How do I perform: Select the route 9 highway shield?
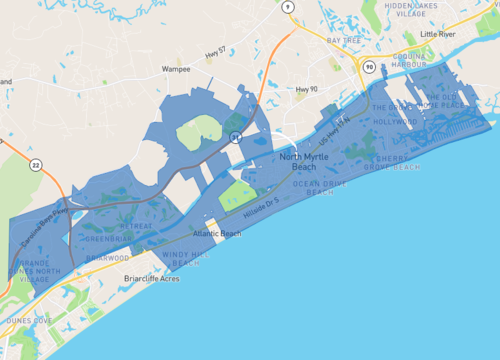coord(288,7)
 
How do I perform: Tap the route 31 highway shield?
coord(235,134)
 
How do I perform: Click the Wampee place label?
coord(176,70)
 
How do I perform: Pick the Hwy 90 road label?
coord(305,90)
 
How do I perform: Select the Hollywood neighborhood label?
coord(396,122)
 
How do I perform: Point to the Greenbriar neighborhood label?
coord(103,239)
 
